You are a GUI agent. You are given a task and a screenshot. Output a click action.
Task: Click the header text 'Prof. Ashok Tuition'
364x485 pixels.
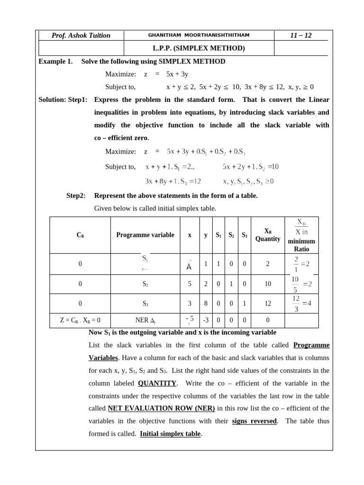(81, 36)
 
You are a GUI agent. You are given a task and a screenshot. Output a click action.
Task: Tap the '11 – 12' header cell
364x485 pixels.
(300, 36)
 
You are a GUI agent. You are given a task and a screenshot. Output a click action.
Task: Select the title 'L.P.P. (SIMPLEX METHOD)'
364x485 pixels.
(199, 48)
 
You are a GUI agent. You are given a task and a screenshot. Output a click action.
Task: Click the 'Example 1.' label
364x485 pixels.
(55, 62)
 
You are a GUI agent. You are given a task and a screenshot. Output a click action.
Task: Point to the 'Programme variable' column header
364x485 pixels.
(145, 235)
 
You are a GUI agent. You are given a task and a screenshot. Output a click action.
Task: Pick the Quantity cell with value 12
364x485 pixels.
(268, 304)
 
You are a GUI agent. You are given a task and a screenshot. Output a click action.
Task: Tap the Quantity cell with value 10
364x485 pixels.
(268, 284)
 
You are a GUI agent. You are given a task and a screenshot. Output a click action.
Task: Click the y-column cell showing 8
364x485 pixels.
(206, 304)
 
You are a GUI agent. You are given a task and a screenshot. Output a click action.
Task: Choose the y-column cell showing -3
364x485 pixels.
(206, 320)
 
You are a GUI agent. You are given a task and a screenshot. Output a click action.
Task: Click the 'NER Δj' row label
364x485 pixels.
(145, 320)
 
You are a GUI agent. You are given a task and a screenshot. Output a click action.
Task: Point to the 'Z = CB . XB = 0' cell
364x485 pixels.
(80, 320)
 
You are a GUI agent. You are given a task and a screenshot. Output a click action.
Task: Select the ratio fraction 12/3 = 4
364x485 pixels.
(301, 304)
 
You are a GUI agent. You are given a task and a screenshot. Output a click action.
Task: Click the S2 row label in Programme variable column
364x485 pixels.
(145, 284)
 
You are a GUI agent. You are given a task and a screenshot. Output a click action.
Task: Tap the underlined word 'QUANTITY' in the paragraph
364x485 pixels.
(157, 383)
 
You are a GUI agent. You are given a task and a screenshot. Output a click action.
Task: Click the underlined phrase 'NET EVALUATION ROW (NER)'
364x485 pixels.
(161, 408)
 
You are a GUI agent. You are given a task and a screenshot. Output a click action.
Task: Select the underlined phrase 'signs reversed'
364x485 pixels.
(254, 421)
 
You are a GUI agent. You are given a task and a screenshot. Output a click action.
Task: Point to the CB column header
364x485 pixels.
(80, 235)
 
